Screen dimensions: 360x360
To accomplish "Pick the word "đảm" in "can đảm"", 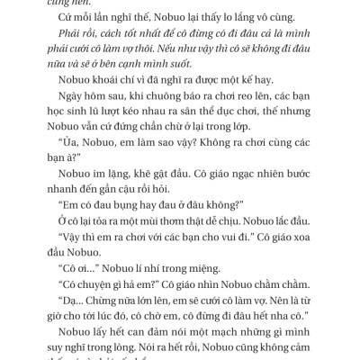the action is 298,355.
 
